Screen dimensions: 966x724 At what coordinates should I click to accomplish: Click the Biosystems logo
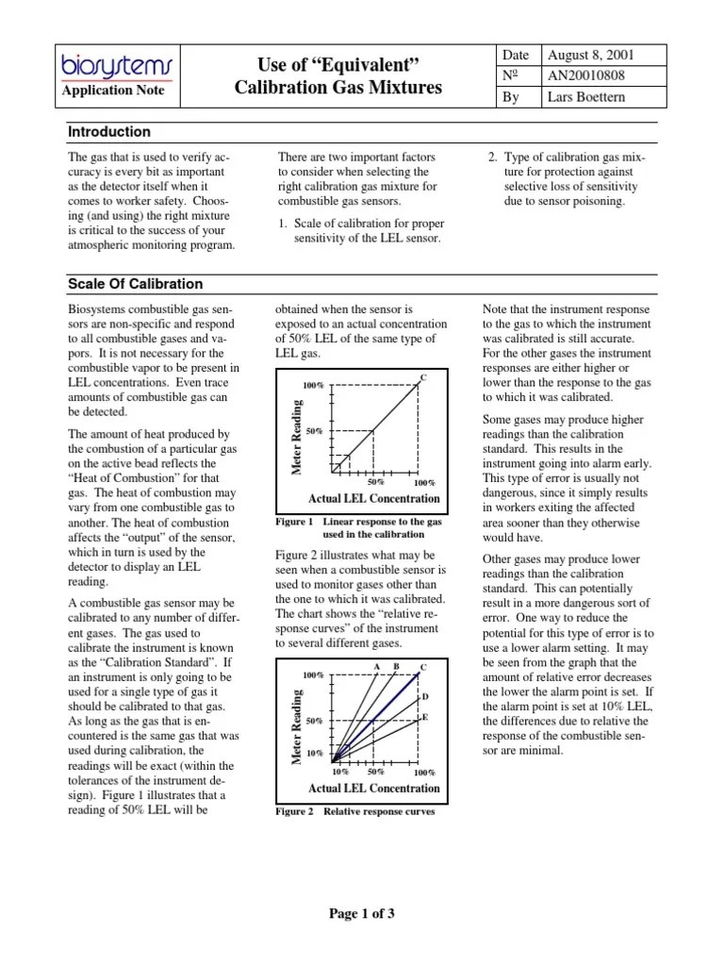coord(112,65)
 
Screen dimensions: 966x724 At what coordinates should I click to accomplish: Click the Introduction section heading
coord(109,132)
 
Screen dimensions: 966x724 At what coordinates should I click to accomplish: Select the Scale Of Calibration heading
coord(135,284)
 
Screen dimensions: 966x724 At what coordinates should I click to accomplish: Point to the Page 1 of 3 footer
coord(362,913)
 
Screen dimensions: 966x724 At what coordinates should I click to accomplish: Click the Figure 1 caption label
coord(293,522)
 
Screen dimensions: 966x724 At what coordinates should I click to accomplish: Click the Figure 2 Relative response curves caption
coord(355,811)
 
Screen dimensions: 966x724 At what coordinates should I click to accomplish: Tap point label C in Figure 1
coord(423,378)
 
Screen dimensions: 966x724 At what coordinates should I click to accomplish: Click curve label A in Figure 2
coord(377,667)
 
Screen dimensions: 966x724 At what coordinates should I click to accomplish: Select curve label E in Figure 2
coord(424,717)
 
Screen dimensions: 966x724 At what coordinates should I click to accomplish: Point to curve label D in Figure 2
coord(425,696)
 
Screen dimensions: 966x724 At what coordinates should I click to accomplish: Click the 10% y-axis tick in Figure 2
coord(314,754)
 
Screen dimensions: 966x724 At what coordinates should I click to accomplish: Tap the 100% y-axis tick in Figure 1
coord(313,386)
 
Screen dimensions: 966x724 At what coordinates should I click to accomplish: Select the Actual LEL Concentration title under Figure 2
coord(373,788)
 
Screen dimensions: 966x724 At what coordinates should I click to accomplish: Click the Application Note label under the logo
coord(112,91)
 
